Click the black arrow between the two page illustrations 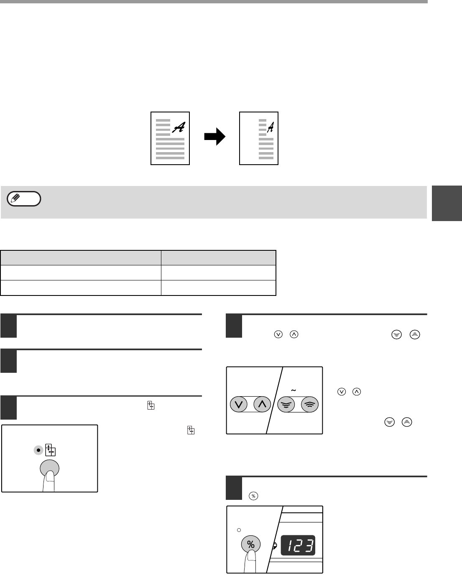[x=214, y=136]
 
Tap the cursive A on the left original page [x=179, y=127]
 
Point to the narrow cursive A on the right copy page [x=271, y=127]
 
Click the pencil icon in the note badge [x=15, y=198]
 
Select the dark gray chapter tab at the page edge [x=447, y=203]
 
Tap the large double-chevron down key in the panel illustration [x=286, y=404]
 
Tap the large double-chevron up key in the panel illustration [x=310, y=404]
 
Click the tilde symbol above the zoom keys [x=294, y=390]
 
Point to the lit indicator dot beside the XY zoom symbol [x=38, y=450]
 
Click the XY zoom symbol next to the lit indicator [x=50, y=450]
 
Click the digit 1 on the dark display [x=291, y=545]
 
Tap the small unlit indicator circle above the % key [x=239, y=530]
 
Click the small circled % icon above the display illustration [x=253, y=496]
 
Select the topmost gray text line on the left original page [x=163, y=120]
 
